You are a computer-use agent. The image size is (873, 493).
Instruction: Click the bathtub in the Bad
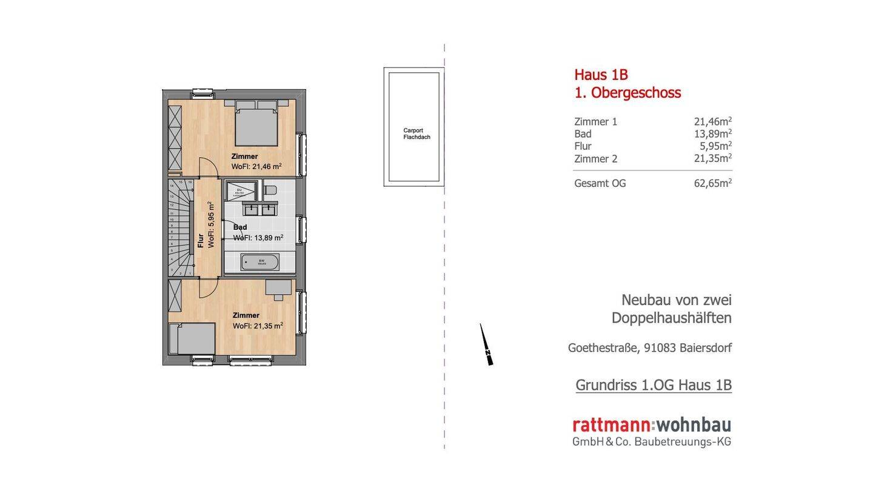[259, 263]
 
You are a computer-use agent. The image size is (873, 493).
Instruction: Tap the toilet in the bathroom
[270, 190]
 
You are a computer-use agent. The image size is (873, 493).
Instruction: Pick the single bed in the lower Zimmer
[192, 338]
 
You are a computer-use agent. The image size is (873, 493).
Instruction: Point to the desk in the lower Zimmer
[278, 287]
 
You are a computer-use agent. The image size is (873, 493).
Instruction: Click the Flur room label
[201, 241]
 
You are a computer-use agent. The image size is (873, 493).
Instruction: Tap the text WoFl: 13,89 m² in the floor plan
[258, 238]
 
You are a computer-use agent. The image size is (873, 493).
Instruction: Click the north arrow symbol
[486, 345]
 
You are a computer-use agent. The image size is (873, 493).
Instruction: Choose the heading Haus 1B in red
[601, 75]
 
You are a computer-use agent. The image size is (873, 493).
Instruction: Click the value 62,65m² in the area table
[712, 183]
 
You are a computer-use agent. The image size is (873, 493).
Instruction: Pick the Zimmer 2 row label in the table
[595, 159]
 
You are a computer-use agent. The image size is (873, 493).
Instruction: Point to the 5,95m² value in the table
[715, 146]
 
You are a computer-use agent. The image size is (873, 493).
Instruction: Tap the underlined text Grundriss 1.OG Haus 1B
[653, 385]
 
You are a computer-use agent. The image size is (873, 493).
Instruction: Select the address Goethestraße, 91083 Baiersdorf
[649, 348]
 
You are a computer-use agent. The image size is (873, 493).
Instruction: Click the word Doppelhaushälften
[671, 318]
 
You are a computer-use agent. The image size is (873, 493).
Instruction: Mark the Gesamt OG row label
[600, 183]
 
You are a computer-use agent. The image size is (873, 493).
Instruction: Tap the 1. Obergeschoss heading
[627, 93]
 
